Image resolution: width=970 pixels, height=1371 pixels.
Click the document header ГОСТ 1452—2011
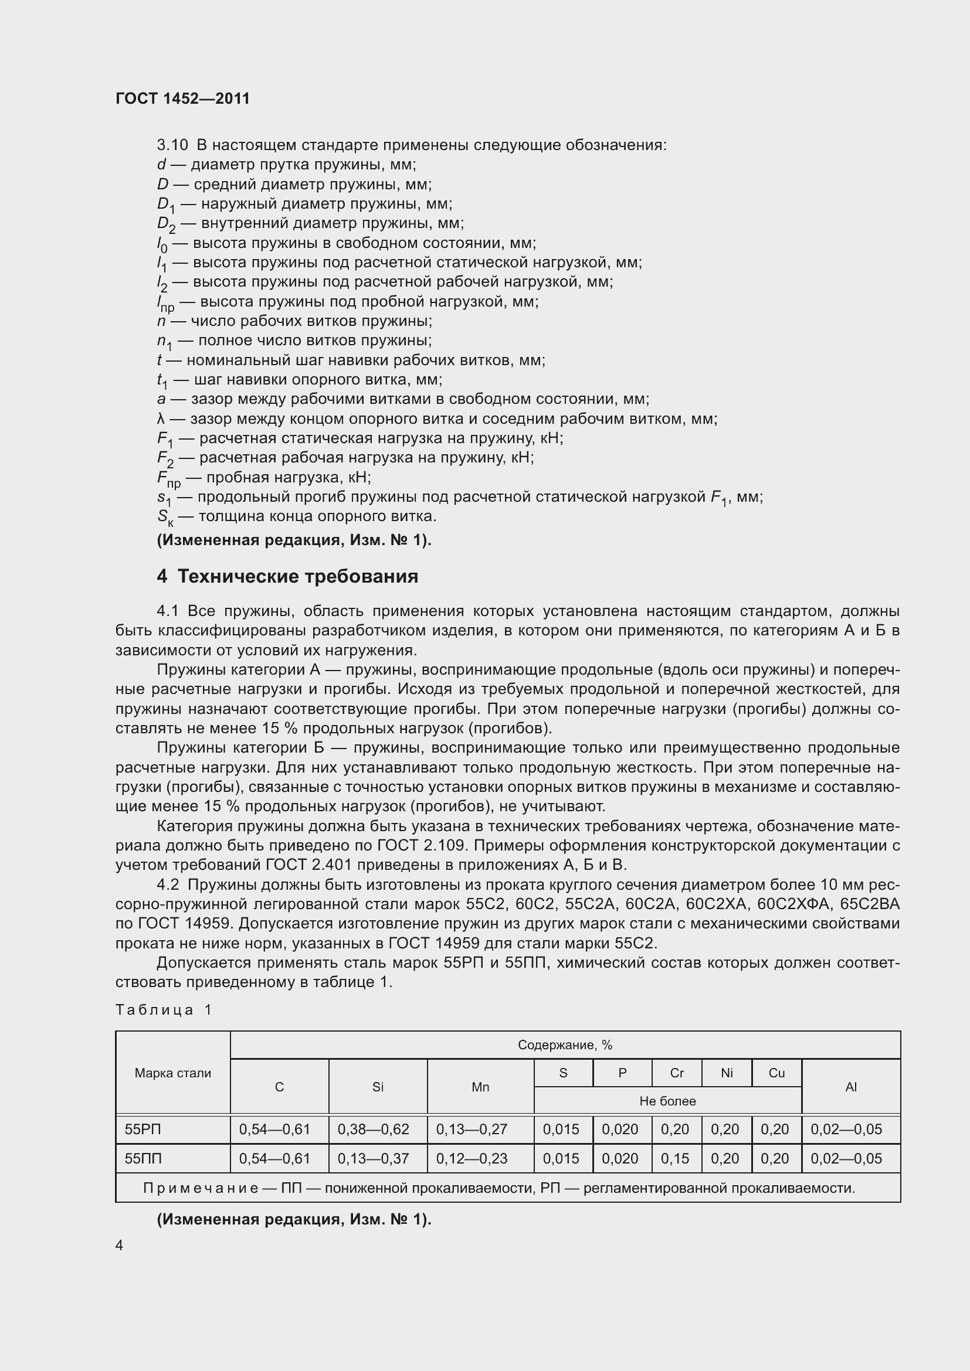click(182, 98)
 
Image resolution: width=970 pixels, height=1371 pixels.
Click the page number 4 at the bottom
click(120, 1245)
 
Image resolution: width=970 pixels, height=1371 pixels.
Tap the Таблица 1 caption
click(164, 1010)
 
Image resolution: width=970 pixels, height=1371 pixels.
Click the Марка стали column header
click(172, 1073)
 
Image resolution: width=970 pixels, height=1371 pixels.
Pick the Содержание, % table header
click(564, 1045)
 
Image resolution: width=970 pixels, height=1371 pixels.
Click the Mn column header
click(480, 1087)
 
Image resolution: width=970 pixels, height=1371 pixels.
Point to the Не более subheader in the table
click(667, 1101)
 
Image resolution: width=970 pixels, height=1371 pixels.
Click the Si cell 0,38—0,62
click(374, 1129)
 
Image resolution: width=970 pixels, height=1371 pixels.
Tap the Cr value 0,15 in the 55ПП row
click(675, 1158)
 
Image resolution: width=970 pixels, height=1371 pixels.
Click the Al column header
click(850, 1087)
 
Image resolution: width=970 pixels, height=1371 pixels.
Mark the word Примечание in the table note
click(200, 1188)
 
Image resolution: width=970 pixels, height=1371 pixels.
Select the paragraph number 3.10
click(172, 145)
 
